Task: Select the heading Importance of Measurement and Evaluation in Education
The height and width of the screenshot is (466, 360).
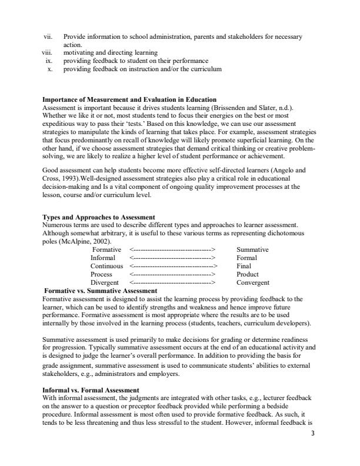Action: click(129, 99)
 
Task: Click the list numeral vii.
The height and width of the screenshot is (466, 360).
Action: click(49, 36)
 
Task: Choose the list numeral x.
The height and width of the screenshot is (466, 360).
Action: click(51, 69)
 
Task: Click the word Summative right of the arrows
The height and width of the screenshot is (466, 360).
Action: click(252, 249)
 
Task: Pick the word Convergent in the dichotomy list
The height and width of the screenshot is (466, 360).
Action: click(254, 282)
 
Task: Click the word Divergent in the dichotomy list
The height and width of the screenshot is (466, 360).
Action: click(105, 282)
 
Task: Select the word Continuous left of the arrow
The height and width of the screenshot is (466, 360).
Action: click(107, 266)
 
